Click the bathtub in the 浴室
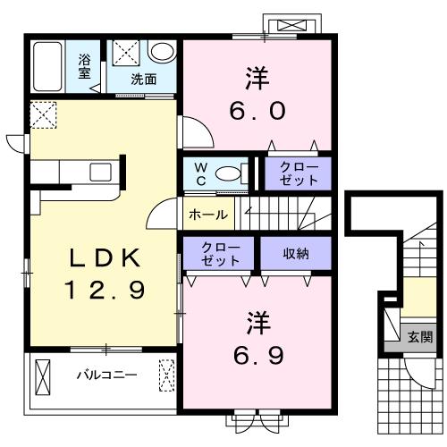(x=47, y=66)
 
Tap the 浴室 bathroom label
(x=84, y=66)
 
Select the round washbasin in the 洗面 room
(x=162, y=51)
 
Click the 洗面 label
(x=144, y=80)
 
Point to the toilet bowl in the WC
(x=228, y=173)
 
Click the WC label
(x=201, y=174)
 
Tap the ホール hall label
(x=208, y=215)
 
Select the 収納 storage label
(x=296, y=253)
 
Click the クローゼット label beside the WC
(x=299, y=173)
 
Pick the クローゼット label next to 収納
(x=221, y=254)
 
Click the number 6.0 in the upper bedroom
(x=257, y=111)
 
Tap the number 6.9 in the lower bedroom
(x=258, y=356)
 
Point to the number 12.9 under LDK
(x=105, y=291)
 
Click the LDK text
(x=105, y=258)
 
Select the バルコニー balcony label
(x=107, y=375)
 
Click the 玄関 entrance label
(x=420, y=337)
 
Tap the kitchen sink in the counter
(x=101, y=173)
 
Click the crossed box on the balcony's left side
(x=43, y=377)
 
